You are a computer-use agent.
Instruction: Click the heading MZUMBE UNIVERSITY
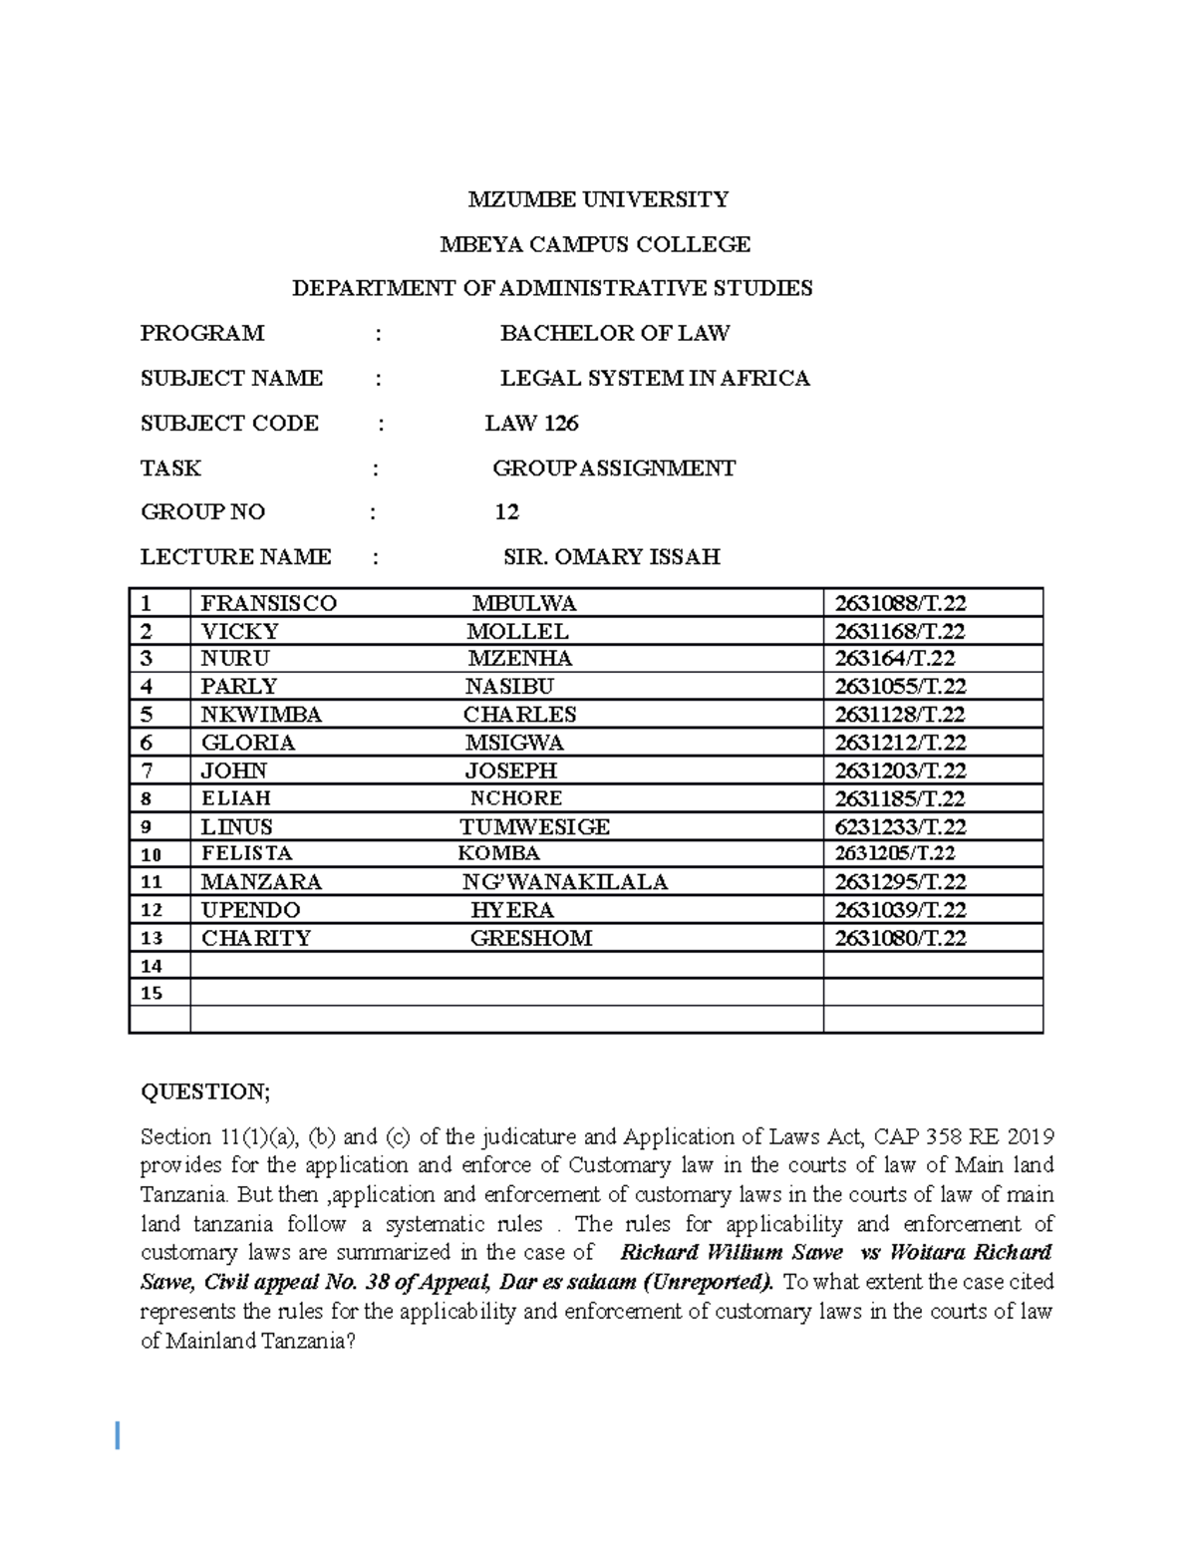(x=598, y=199)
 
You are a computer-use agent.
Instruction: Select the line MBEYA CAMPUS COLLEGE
(x=595, y=244)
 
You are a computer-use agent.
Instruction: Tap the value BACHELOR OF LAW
(x=614, y=333)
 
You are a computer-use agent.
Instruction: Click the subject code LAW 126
(x=531, y=423)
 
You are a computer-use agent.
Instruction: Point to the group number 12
(x=506, y=511)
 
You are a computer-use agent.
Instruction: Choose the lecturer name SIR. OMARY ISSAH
(x=611, y=556)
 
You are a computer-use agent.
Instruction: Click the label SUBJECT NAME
(x=231, y=378)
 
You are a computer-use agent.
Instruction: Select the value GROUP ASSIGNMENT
(x=614, y=467)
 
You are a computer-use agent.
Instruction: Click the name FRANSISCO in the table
(x=269, y=603)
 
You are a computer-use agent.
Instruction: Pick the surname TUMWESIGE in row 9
(x=534, y=826)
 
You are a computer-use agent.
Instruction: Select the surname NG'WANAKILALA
(x=564, y=882)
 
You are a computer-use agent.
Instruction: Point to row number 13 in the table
(x=151, y=938)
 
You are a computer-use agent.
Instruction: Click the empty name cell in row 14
(x=505, y=965)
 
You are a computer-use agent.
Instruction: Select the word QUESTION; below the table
(x=205, y=1091)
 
